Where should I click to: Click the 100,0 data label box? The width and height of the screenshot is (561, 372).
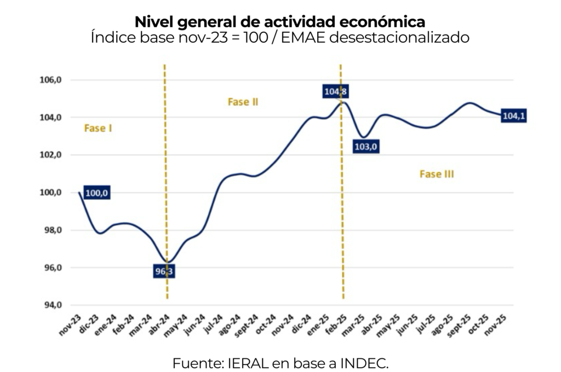pyautogui.click(x=98, y=193)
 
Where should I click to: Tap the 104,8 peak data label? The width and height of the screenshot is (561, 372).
pyautogui.click(x=335, y=91)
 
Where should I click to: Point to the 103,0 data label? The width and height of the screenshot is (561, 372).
pyautogui.click(x=367, y=147)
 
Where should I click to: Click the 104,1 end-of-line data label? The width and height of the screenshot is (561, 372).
pyautogui.click(x=514, y=116)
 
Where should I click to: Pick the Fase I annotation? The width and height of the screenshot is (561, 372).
pyautogui.click(x=98, y=128)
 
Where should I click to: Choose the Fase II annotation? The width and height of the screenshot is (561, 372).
pyautogui.click(x=243, y=102)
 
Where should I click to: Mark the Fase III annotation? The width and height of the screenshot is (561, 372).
pyautogui.click(x=437, y=174)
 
